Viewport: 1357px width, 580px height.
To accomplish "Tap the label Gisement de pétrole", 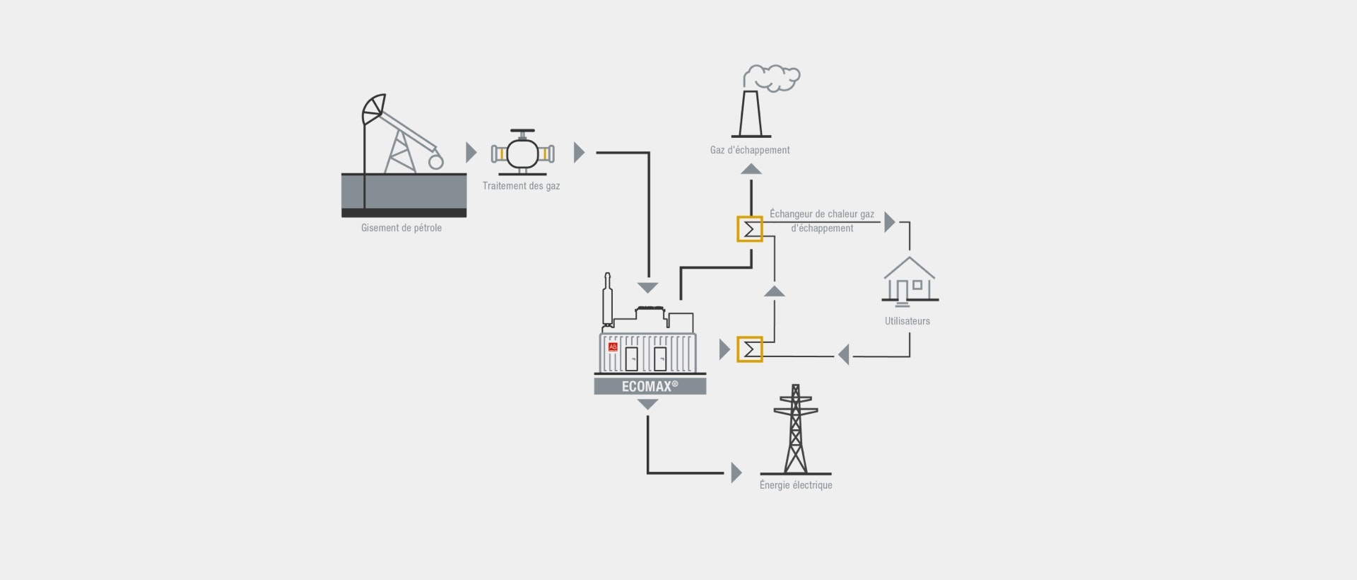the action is point(401,228).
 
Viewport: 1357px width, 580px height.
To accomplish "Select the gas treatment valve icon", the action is point(522,152).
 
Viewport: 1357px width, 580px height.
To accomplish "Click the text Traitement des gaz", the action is point(521,186).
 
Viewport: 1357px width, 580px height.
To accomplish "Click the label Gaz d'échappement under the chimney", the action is point(750,150).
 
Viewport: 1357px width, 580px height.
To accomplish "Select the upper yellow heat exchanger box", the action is point(750,229).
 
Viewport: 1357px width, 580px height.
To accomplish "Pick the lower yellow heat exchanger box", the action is point(750,349).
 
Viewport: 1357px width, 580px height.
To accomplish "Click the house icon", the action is point(910,281).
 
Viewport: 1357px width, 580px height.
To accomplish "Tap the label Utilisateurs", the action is point(907,321).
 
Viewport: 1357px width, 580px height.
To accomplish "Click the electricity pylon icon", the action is point(796,429).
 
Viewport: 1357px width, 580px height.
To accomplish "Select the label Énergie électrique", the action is point(796,485).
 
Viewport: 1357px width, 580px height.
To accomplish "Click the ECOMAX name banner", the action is point(650,386).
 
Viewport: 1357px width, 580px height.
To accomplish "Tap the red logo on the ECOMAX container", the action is point(613,347).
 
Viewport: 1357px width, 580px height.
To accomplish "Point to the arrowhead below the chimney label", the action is point(751,168).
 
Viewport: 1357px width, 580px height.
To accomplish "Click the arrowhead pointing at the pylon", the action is point(736,472).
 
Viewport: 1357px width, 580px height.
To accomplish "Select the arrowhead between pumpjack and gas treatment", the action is point(471,152).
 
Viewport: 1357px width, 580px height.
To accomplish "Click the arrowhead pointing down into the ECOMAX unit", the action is point(648,288).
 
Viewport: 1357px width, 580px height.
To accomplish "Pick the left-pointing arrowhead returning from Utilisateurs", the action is point(843,354).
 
